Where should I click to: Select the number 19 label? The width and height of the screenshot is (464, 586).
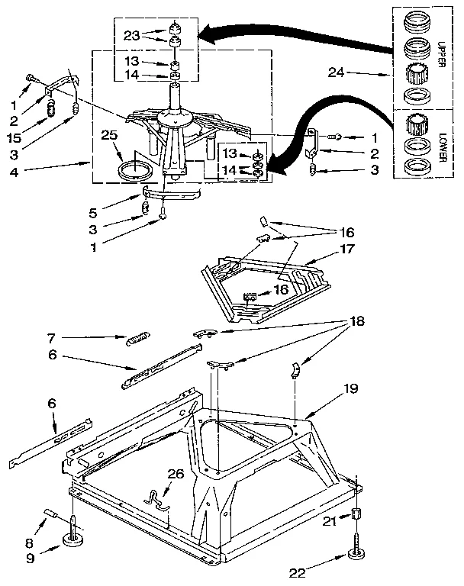click(x=350, y=388)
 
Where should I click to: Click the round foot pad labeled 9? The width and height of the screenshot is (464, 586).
click(x=74, y=544)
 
